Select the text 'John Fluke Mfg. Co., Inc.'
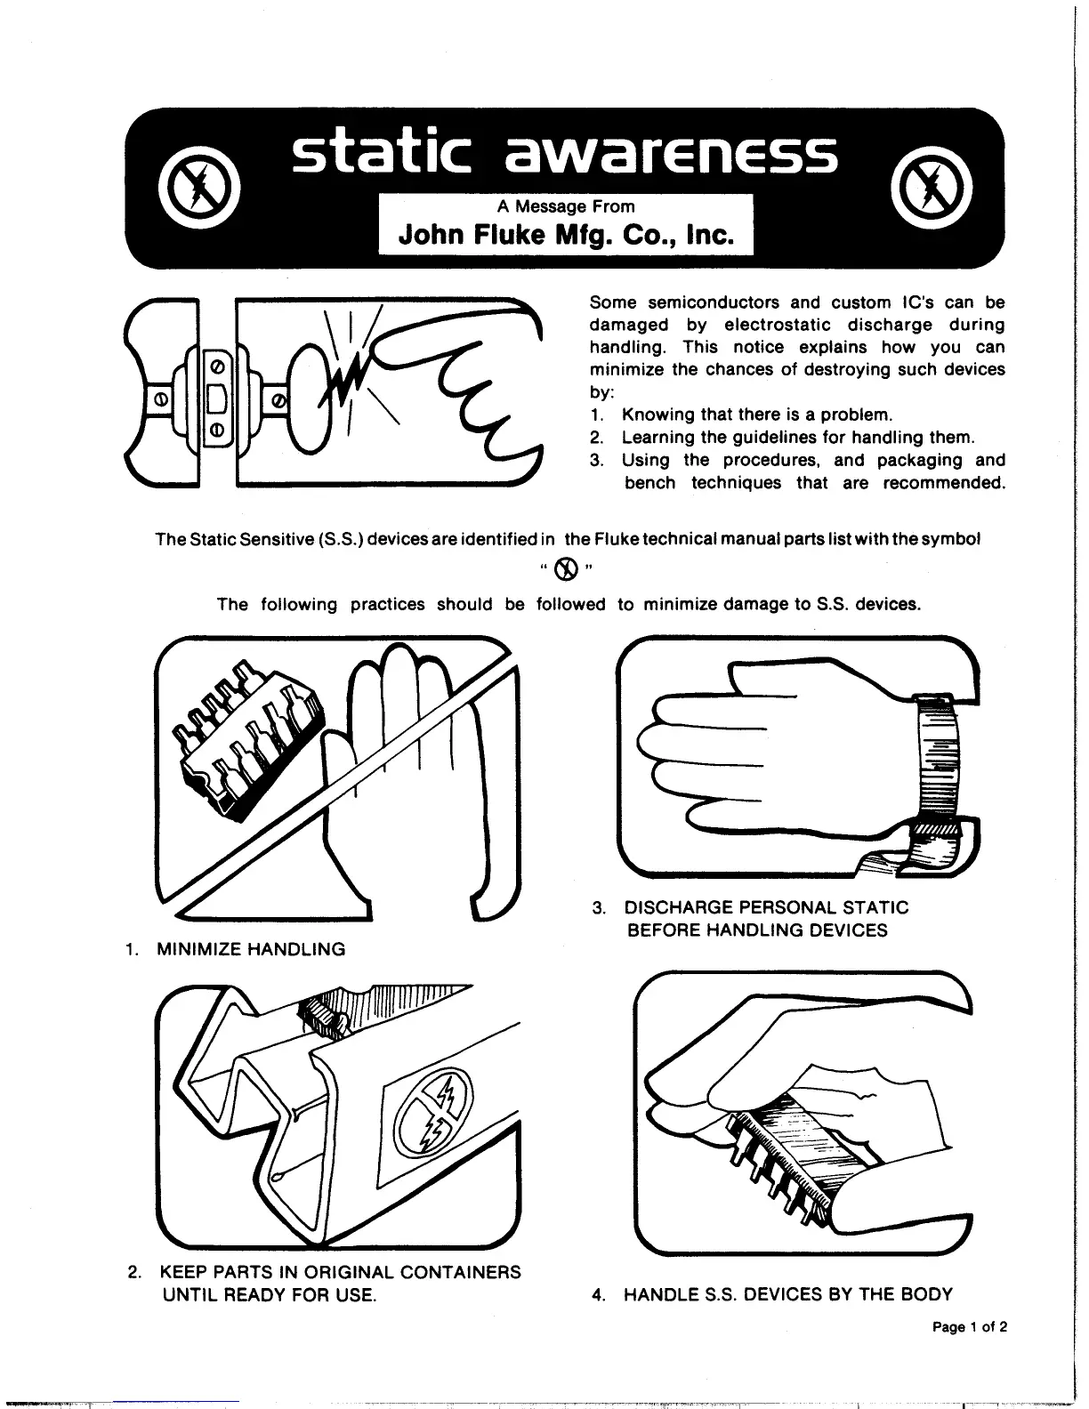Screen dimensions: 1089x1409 (567, 236)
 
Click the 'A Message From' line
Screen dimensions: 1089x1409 (566, 206)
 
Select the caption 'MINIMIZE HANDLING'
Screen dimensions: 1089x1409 (251, 949)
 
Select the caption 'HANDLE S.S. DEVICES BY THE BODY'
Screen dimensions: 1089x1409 (787, 1294)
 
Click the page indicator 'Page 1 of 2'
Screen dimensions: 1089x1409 (970, 1328)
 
